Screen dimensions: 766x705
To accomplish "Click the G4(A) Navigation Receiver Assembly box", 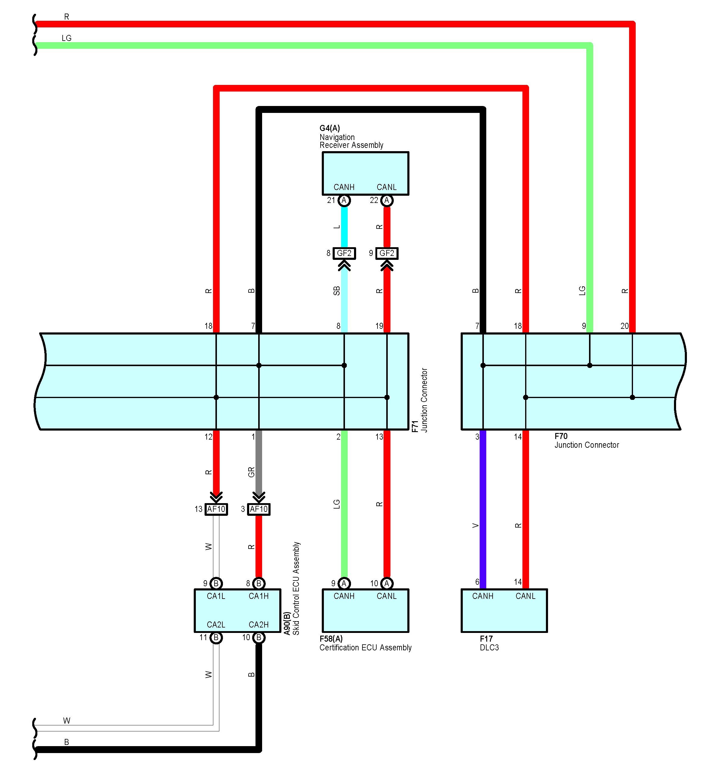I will click(x=365, y=173).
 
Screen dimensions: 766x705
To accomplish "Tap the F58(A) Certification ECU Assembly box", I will click(x=365, y=610).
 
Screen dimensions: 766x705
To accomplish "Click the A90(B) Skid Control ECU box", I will click(x=237, y=610).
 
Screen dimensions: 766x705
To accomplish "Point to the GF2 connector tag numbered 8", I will click(x=344, y=253).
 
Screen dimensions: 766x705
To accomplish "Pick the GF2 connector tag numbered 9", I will click(x=387, y=253).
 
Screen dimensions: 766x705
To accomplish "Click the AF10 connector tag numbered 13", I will click(x=216, y=509).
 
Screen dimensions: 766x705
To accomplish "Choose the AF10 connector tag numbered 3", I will click(x=259, y=509).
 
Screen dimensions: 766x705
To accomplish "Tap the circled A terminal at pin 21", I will click(x=344, y=200).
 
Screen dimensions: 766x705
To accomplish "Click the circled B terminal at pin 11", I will click(x=216, y=637).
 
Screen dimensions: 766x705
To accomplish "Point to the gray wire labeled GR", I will click(x=259, y=461).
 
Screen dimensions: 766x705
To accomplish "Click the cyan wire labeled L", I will click(x=344, y=227).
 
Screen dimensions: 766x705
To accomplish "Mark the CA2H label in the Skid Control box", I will click(x=259, y=624).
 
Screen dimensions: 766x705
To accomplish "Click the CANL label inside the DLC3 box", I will click(x=525, y=596).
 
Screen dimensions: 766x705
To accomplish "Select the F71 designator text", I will click(x=415, y=426).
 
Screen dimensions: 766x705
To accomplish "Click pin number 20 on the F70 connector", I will click(x=624, y=326).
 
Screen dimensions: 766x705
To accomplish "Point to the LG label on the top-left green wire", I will click(x=66, y=38).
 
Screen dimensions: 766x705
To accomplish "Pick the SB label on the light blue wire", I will click(x=337, y=291).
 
